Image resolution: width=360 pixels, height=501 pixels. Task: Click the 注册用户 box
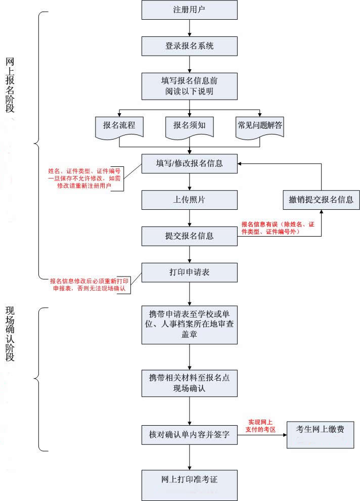point(190,10)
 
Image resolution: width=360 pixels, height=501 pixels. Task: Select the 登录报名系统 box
point(190,46)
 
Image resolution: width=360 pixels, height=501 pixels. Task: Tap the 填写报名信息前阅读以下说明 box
point(190,85)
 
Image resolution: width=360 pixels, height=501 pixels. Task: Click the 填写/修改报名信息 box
point(190,164)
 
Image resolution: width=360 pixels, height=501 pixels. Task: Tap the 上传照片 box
point(190,200)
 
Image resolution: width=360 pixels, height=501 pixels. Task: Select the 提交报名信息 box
point(190,236)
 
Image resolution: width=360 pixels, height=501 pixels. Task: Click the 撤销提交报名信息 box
point(321,200)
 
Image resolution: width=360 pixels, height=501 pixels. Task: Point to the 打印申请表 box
point(190,272)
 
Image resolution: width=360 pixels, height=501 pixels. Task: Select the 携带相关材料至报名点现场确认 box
point(190,383)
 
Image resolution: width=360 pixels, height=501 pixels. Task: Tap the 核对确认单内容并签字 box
point(190,434)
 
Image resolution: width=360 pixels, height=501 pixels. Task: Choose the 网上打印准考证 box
point(190,478)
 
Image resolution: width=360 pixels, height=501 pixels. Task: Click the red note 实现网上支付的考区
point(261,425)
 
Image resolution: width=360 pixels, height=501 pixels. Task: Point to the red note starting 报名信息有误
point(278,228)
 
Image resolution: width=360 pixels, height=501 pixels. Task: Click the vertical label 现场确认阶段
point(10,334)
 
